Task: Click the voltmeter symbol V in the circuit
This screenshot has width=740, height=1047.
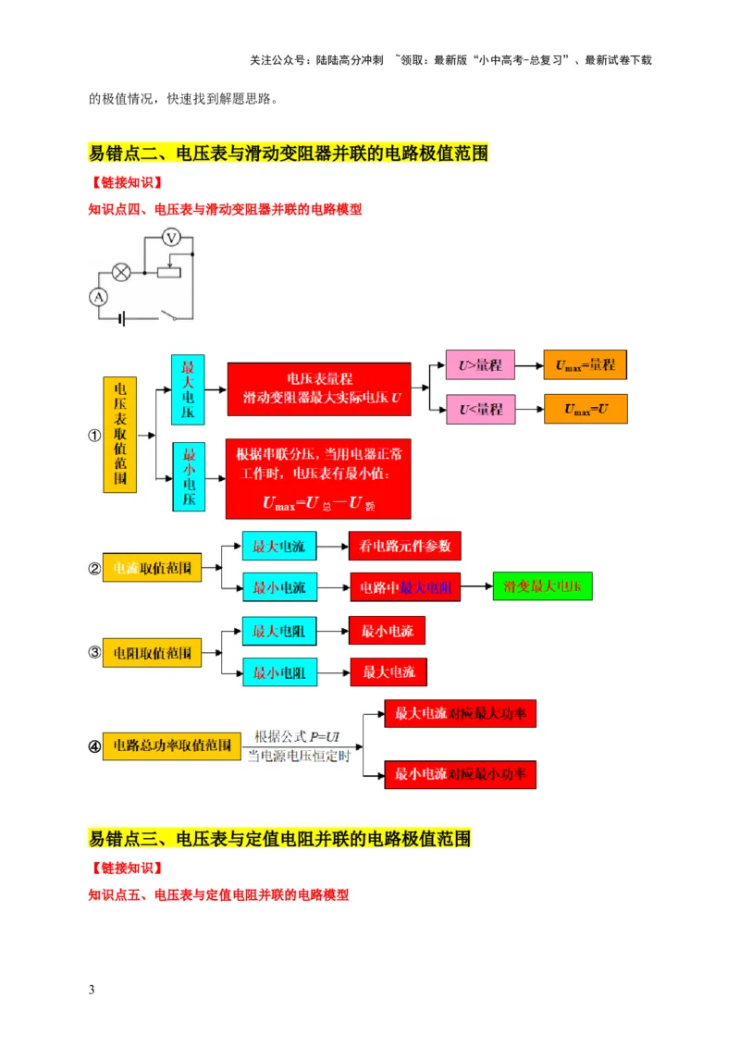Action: [170, 238]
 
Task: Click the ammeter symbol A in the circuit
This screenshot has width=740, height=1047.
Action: [98, 296]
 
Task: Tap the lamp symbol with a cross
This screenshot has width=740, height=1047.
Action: [120, 272]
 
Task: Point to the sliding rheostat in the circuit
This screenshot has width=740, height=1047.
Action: [169, 272]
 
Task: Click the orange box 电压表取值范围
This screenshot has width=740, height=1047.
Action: [119, 433]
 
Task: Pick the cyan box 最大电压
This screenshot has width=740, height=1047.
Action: [188, 388]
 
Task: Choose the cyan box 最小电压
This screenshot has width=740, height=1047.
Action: [188, 476]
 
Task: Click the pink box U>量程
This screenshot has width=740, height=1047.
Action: [480, 365]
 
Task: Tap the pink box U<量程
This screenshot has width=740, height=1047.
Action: [480, 409]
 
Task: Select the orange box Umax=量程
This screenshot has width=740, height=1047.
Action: [585, 365]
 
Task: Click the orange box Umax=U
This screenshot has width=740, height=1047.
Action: [585, 409]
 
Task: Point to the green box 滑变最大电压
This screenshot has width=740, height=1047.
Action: [542, 585]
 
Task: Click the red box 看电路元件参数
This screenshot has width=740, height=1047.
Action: [404, 547]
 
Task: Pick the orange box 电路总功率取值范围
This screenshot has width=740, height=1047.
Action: [172, 745]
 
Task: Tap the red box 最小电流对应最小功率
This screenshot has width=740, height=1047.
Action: [461, 773]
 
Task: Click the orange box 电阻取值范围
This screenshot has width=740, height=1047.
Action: [151, 653]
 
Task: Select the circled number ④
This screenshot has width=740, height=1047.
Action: [93, 745]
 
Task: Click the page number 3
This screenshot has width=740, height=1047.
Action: [92, 991]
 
